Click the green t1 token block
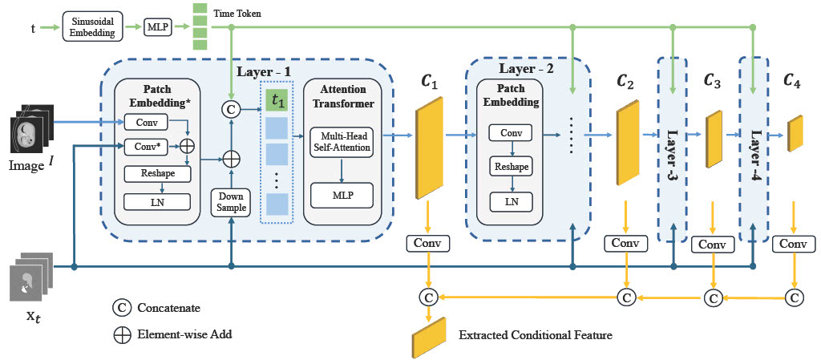point(277,101)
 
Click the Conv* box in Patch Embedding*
point(146,146)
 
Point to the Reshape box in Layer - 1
point(157,173)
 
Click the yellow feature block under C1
point(429,147)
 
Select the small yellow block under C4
point(795,133)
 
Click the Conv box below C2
point(625,242)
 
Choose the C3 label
point(712,81)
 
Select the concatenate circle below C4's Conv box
point(794,297)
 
